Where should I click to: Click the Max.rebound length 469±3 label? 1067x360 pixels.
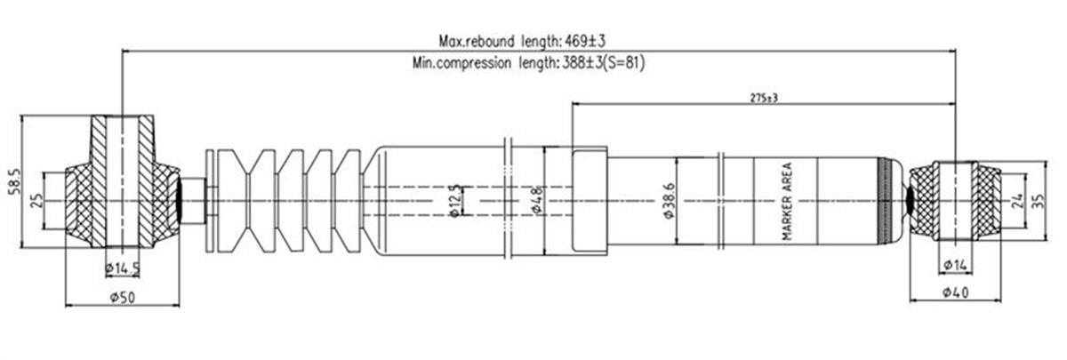click(x=522, y=42)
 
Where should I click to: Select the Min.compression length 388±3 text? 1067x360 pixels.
click(x=509, y=63)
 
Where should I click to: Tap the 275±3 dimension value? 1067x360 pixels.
click(x=764, y=98)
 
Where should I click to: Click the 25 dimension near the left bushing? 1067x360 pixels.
click(x=36, y=201)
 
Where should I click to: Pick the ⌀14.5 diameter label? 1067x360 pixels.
click(x=123, y=269)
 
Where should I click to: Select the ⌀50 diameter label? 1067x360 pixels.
click(x=123, y=298)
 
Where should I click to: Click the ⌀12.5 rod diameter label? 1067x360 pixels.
click(x=455, y=201)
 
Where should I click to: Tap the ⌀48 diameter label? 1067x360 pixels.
click(x=537, y=201)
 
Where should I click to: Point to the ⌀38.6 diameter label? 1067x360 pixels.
click(x=670, y=201)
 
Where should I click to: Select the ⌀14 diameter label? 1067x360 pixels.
click(x=956, y=265)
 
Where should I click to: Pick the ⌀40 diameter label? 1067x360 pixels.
click(x=956, y=292)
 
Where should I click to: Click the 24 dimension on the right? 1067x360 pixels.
click(x=1016, y=201)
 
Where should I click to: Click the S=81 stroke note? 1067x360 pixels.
click(x=625, y=63)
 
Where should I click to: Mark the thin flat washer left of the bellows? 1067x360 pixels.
click(x=210, y=201)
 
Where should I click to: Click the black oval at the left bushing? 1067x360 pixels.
click(x=180, y=201)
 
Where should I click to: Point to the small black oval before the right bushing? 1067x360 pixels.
click(x=909, y=201)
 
